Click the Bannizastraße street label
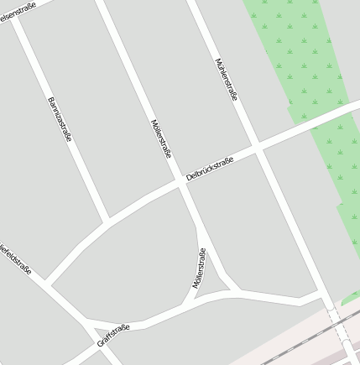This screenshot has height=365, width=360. coord(60,119)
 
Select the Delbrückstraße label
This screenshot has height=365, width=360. coord(209,168)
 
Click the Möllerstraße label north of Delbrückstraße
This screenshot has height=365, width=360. coord(160,138)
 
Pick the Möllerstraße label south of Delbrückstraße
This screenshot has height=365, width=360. coord(199,269)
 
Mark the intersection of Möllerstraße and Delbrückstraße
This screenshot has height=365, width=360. coord(183,182)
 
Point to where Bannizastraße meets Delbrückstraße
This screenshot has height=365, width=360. coord(107,221)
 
